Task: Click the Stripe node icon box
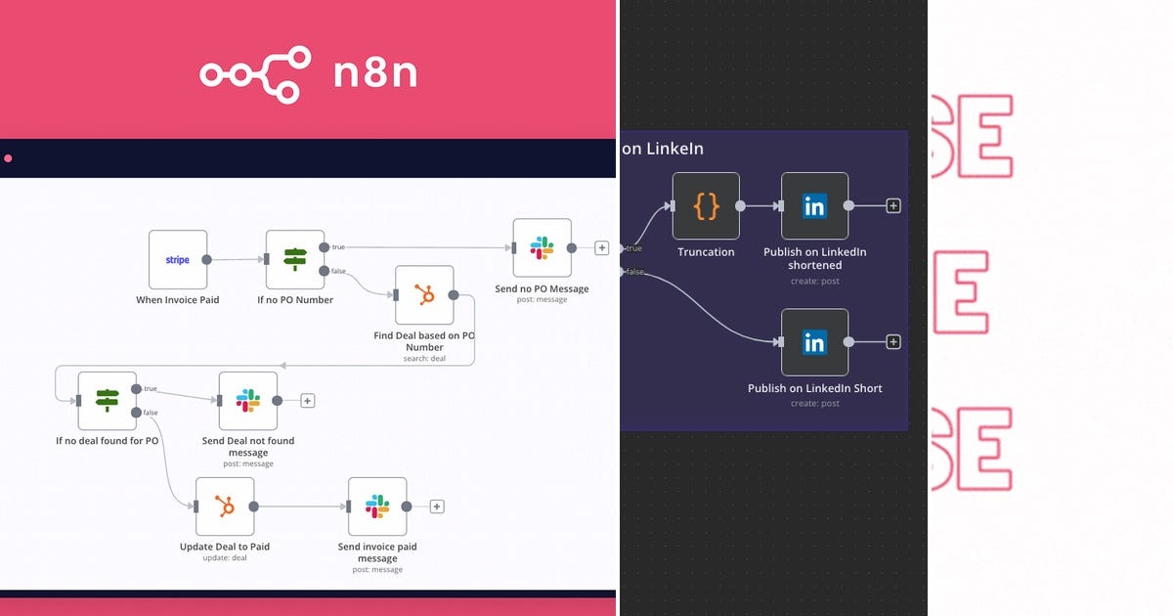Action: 178,259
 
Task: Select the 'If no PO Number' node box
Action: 295,259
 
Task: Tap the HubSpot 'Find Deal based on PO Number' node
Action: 424,295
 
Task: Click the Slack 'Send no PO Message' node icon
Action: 542,247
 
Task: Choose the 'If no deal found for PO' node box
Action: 108,400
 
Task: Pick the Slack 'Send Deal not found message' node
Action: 248,400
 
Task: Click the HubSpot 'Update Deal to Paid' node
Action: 225,506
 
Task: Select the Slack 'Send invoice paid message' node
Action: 377,506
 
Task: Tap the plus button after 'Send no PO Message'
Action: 601,248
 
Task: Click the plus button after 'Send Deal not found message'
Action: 307,401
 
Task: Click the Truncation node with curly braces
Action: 706,205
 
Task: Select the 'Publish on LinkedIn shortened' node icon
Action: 814,205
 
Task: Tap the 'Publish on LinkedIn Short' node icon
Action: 814,342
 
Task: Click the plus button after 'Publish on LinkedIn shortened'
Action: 892,205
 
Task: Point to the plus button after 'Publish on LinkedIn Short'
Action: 892,342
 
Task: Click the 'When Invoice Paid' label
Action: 178,300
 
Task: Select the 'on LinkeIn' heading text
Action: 663,149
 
